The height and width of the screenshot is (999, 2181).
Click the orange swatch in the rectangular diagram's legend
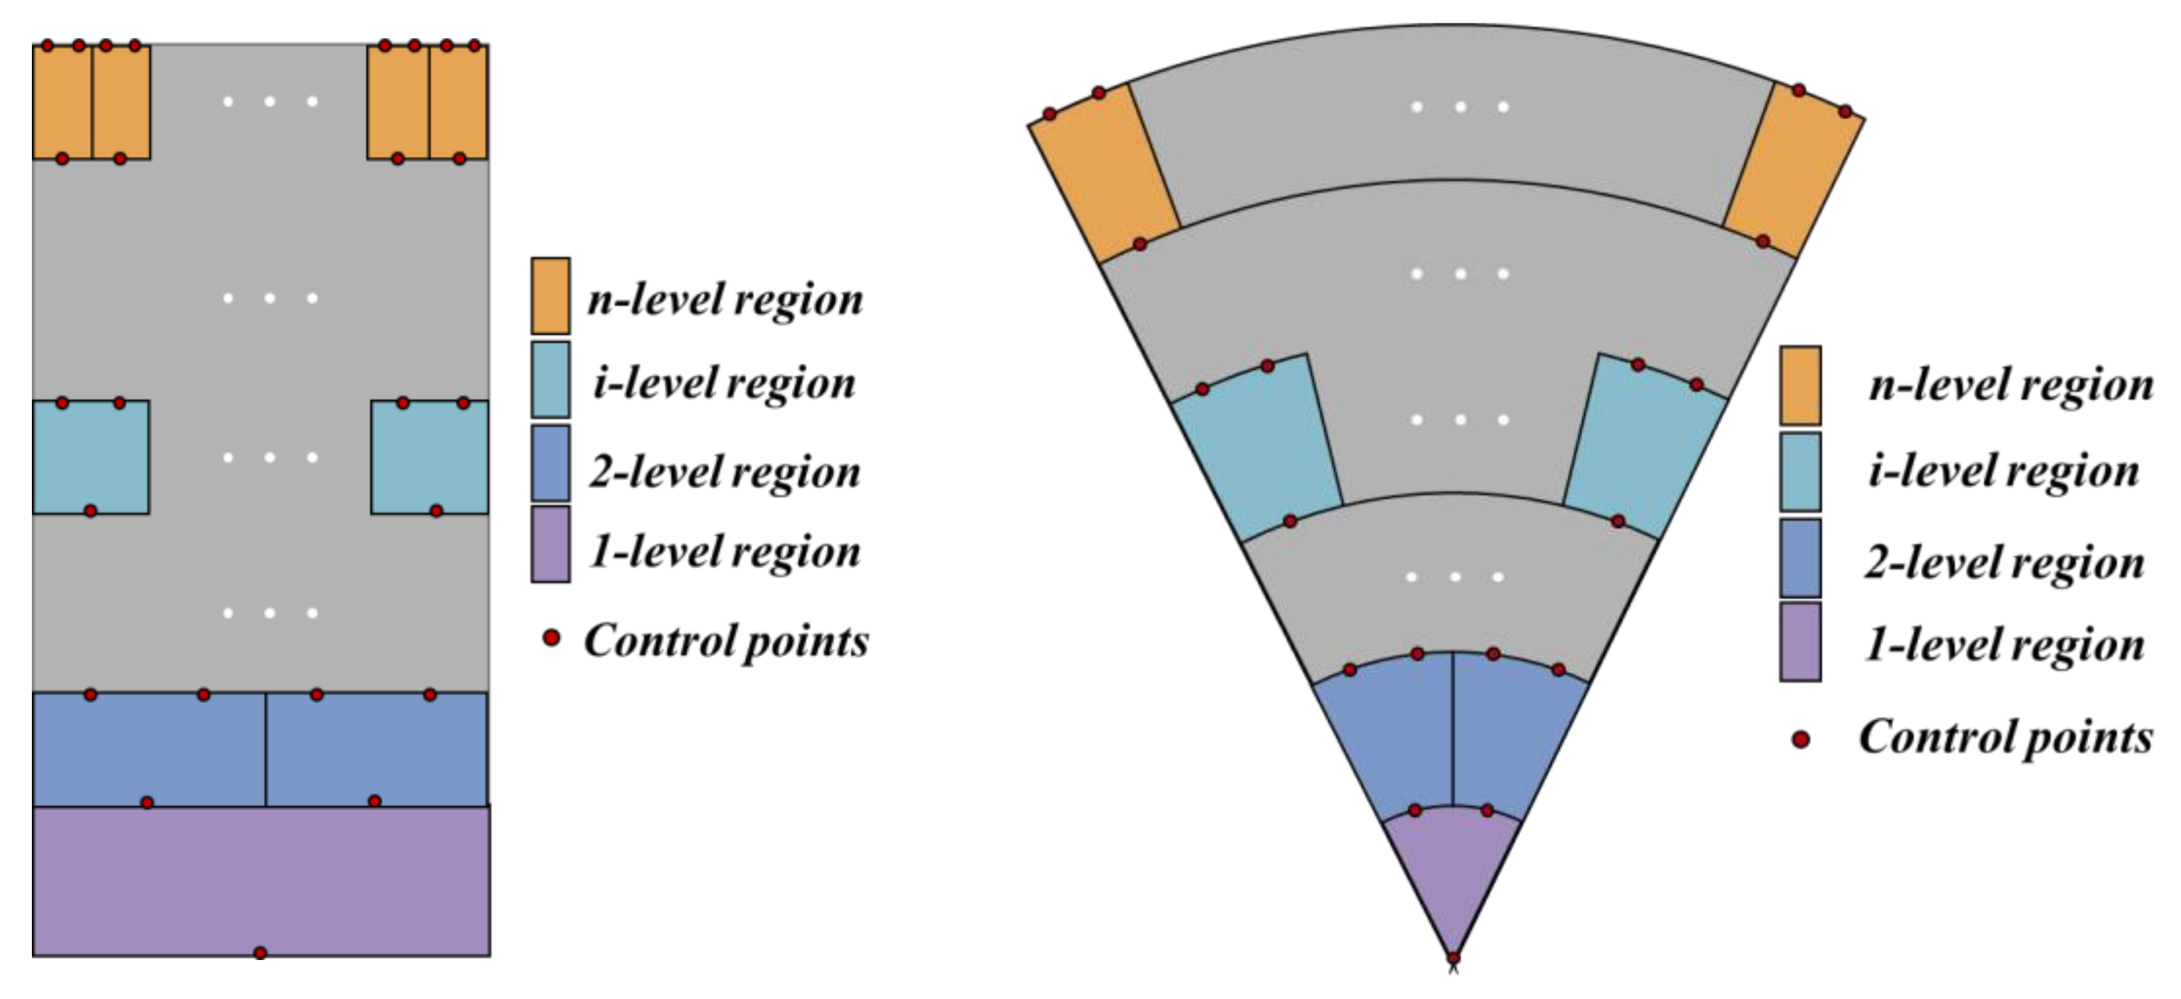pos(550,295)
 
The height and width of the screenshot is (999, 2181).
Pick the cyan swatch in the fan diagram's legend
pos(1800,472)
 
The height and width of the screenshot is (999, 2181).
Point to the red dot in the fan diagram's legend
pos(1801,739)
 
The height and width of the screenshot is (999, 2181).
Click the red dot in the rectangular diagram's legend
pos(551,637)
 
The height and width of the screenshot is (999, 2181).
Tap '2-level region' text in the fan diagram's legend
pos(2004,562)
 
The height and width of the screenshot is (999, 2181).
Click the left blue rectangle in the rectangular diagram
pos(149,749)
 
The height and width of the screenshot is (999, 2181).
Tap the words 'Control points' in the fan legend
pos(2005,736)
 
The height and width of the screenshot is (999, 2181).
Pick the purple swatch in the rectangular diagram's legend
pos(550,544)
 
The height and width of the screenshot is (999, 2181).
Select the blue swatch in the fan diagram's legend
pos(1800,558)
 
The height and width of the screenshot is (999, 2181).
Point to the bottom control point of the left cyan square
pos(90,511)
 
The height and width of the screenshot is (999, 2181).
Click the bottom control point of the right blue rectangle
pos(374,801)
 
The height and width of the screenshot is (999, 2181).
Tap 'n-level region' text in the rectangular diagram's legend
pos(725,299)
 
